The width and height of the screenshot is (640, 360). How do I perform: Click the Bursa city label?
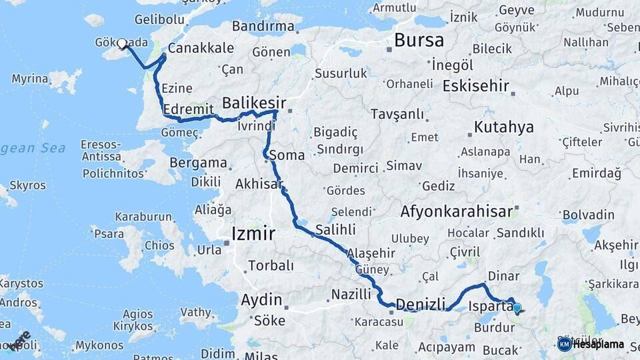coord(419,40)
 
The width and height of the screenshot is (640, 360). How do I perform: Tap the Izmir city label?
coord(253,233)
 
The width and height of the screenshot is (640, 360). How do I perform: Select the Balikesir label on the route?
coord(253,103)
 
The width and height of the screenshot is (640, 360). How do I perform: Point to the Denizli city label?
coord(420,305)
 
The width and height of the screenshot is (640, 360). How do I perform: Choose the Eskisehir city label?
coord(475,86)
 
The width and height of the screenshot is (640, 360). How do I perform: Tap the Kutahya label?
coord(504,127)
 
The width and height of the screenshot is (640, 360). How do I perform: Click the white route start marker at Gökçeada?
coord(121,44)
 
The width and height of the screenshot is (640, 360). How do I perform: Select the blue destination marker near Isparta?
coord(517,308)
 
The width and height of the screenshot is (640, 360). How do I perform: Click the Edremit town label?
coord(188,109)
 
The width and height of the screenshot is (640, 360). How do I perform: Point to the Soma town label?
coord(287,155)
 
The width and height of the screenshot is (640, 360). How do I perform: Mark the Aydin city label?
coord(261,300)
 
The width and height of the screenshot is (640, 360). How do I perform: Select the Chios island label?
coord(159,246)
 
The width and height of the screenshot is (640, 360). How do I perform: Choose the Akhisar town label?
coord(259,183)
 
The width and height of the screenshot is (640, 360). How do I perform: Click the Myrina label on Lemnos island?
coord(29,79)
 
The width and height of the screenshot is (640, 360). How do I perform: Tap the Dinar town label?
coord(503,275)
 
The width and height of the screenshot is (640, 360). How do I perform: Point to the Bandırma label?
coord(263,27)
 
